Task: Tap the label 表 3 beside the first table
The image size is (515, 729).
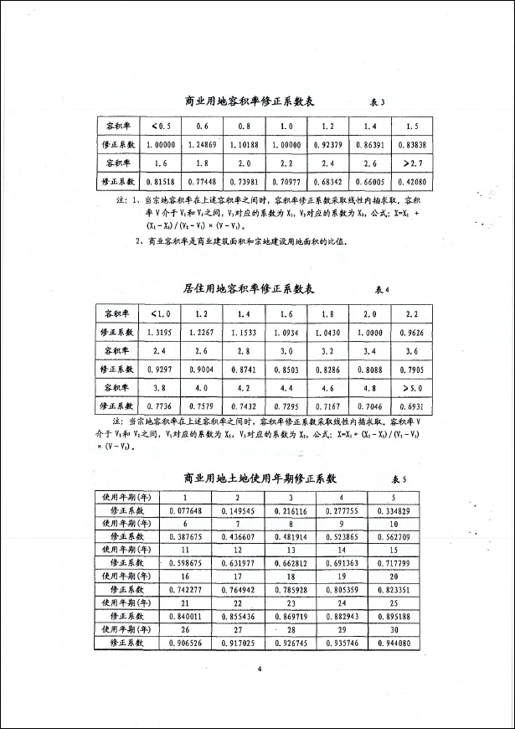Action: coord(377,102)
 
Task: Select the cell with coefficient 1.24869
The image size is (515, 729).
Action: coord(202,144)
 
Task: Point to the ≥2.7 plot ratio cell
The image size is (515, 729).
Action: coord(411,163)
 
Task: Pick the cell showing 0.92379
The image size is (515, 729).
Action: coord(327,144)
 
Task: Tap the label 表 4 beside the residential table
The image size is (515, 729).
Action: coord(382,290)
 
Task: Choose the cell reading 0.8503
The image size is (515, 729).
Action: coord(286,369)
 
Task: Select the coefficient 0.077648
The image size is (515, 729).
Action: coord(190,509)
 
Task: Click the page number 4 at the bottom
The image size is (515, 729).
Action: coord(260,668)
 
